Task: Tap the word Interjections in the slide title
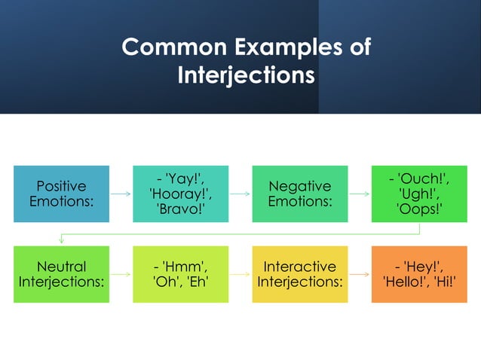[x=245, y=75]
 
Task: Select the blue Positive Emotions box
[x=61, y=194]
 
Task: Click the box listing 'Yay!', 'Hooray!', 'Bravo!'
[x=180, y=194]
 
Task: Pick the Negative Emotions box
[x=299, y=194]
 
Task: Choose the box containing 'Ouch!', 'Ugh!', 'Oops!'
[x=419, y=194]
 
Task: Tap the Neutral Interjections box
[x=61, y=274]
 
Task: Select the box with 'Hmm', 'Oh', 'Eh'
[x=180, y=274]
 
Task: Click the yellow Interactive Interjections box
[x=299, y=274]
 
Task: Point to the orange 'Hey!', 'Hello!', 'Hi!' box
[x=419, y=274]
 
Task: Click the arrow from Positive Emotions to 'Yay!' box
[x=121, y=194]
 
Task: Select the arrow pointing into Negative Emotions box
[x=240, y=194]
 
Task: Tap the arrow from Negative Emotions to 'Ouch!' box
[x=360, y=194]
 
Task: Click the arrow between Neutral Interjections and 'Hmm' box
[x=121, y=274]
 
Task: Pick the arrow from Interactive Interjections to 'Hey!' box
[x=360, y=274]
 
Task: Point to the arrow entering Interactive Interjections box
[x=240, y=274]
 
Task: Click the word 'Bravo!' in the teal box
[x=180, y=209]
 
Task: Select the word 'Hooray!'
[x=180, y=194]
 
